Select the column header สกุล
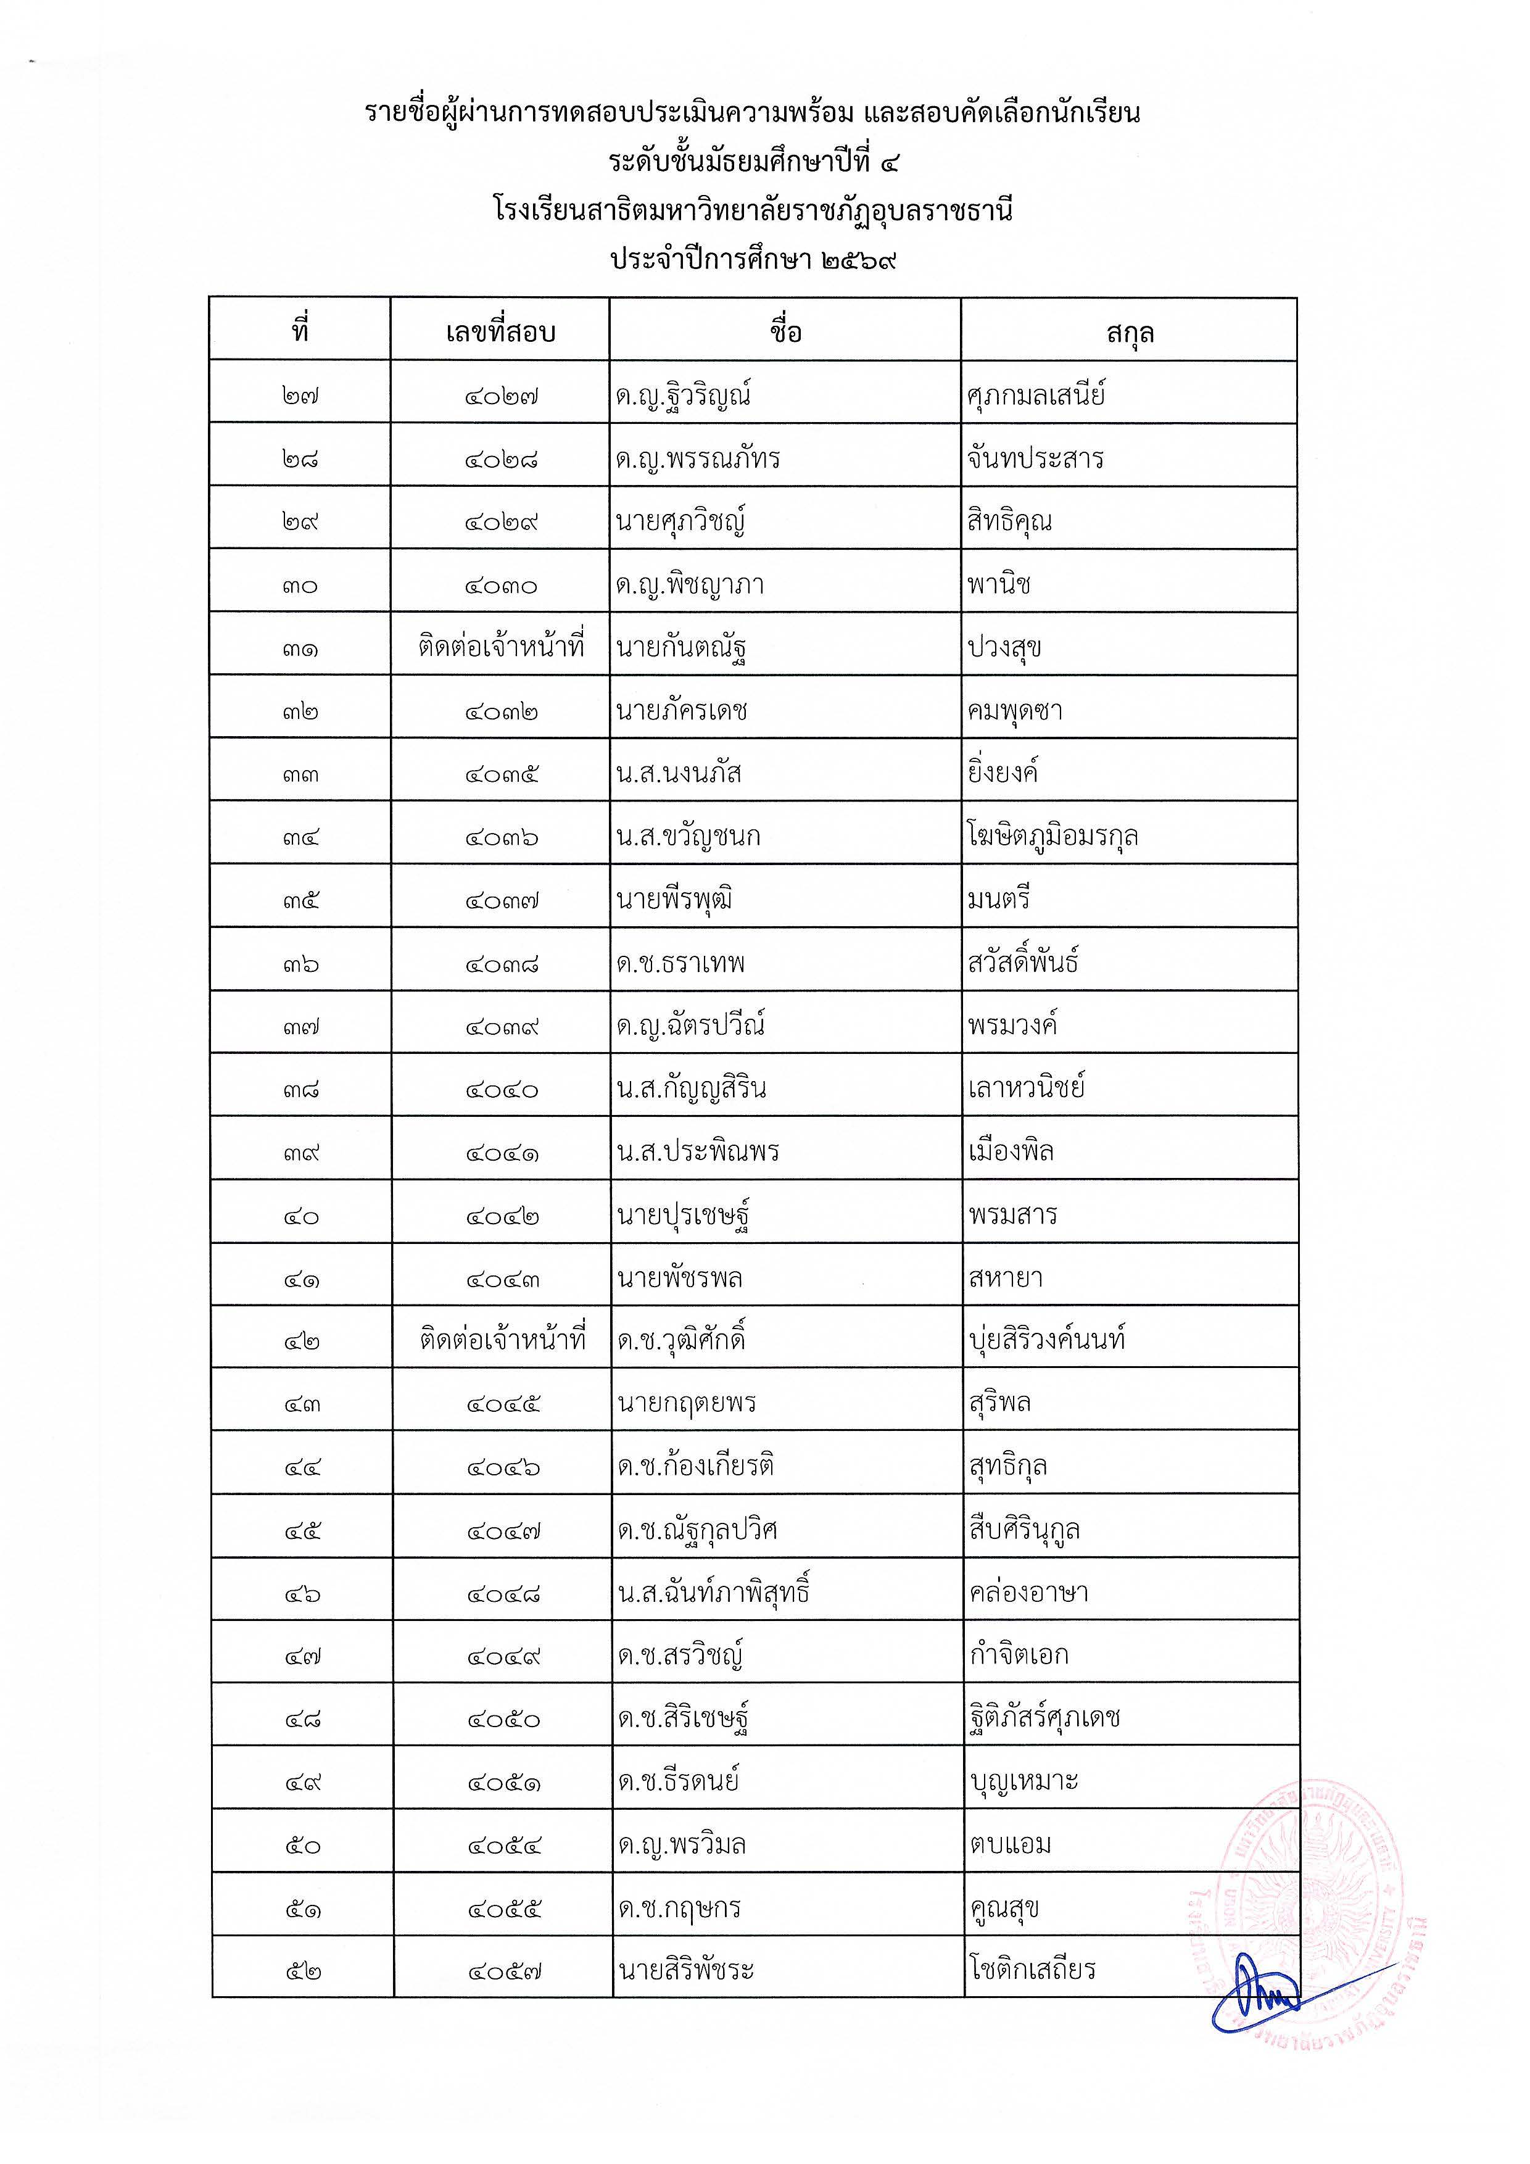click(1130, 332)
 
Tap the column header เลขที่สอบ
click(500, 332)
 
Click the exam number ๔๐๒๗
click(500, 396)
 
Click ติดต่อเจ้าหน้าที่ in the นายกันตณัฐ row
click(500, 647)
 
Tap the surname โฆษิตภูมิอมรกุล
click(1052, 836)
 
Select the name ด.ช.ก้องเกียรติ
click(695, 1465)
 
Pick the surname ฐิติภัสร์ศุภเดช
click(1045, 1718)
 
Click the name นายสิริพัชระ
click(686, 1970)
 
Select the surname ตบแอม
click(1010, 1844)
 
